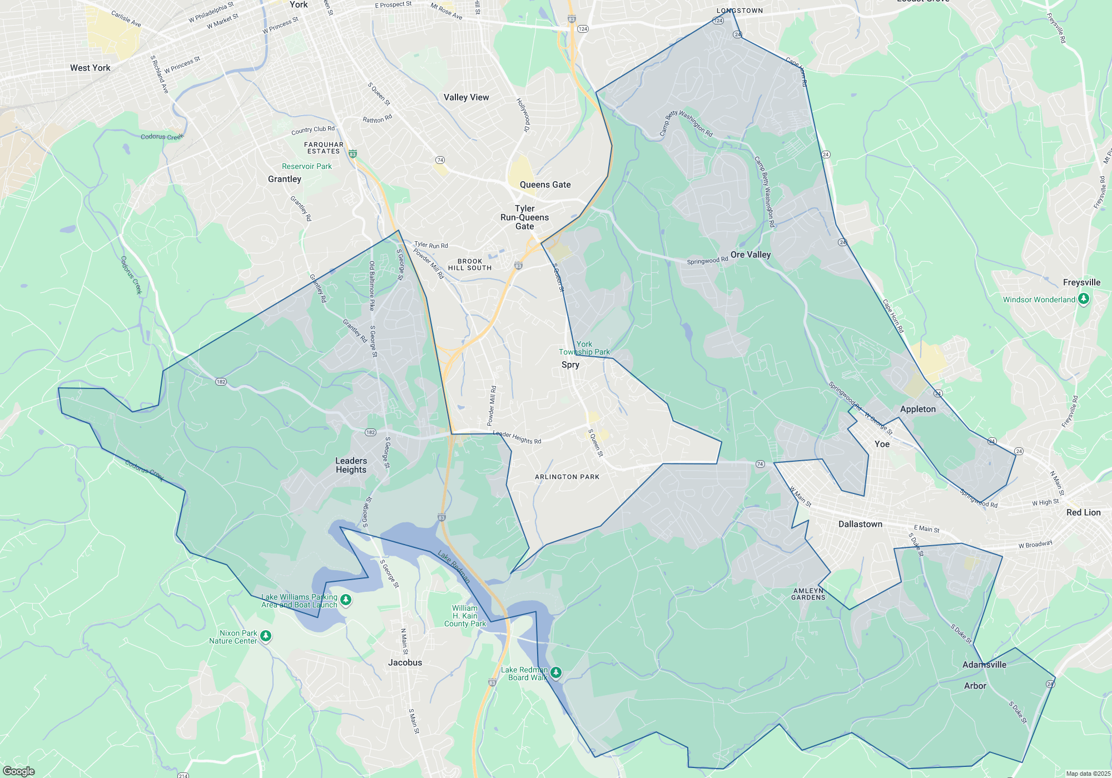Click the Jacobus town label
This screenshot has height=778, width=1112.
pyautogui.click(x=405, y=662)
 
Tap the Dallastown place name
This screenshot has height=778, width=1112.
pyautogui.click(x=860, y=524)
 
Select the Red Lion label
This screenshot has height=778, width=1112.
pyautogui.click(x=1083, y=512)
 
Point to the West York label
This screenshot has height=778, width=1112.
pyautogui.click(x=90, y=68)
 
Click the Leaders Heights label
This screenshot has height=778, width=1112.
pyautogui.click(x=351, y=465)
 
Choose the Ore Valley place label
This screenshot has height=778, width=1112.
pyautogui.click(x=751, y=255)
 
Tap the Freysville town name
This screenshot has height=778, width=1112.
pyautogui.click(x=1081, y=282)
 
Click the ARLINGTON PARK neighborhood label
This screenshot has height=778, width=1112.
pyautogui.click(x=567, y=477)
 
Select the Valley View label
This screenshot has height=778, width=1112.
pyautogui.click(x=466, y=97)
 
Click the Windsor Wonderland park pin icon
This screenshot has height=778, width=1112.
pyautogui.click(x=1083, y=299)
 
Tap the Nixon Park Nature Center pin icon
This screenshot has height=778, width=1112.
pyautogui.click(x=266, y=636)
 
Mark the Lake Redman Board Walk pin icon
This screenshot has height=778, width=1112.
pyautogui.click(x=555, y=673)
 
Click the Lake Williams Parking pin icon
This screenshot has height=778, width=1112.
pyautogui.click(x=346, y=600)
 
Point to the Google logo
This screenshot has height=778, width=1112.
pyautogui.click(x=19, y=771)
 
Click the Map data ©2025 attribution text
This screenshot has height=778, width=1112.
pyautogui.click(x=1088, y=774)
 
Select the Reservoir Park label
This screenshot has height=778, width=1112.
pyautogui.click(x=306, y=166)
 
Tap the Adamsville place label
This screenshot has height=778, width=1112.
pyautogui.click(x=984, y=665)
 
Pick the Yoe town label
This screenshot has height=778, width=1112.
pyautogui.click(x=882, y=444)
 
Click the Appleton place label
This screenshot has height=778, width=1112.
pyautogui.click(x=917, y=409)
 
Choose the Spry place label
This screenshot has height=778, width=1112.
pyautogui.click(x=570, y=365)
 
